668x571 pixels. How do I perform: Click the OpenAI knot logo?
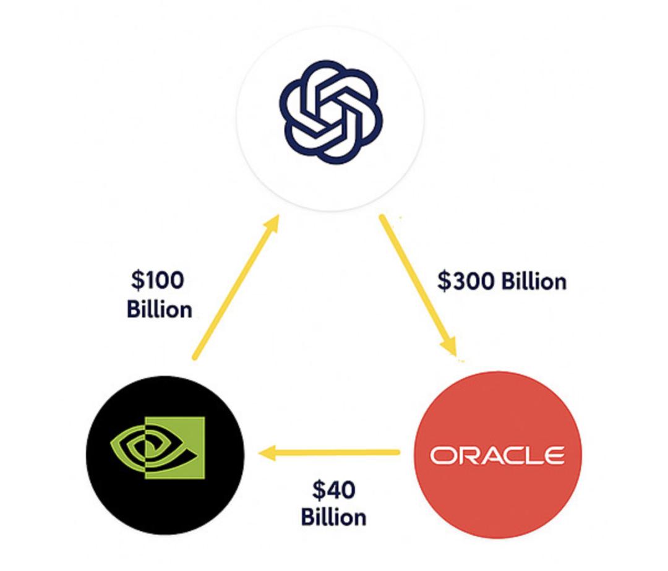[x=330, y=112]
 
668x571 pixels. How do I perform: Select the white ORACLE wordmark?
[x=497, y=455]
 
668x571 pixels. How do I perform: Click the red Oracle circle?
[x=497, y=489]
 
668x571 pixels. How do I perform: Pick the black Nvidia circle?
[x=165, y=495]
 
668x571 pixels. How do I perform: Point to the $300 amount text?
[x=465, y=281]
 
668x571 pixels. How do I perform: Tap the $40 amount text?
[x=333, y=490]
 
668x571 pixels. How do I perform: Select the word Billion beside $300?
[x=533, y=281]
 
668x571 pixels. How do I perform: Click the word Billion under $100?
[x=159, y=309]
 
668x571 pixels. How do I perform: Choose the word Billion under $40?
[x=333, y=517]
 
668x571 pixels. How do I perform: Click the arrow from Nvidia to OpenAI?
[x=235, y=288]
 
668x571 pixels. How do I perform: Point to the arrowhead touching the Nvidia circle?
[x=267, y=454]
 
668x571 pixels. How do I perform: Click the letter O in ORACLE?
[x=441, y=456]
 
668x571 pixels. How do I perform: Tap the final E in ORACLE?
[x=554, y=456]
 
